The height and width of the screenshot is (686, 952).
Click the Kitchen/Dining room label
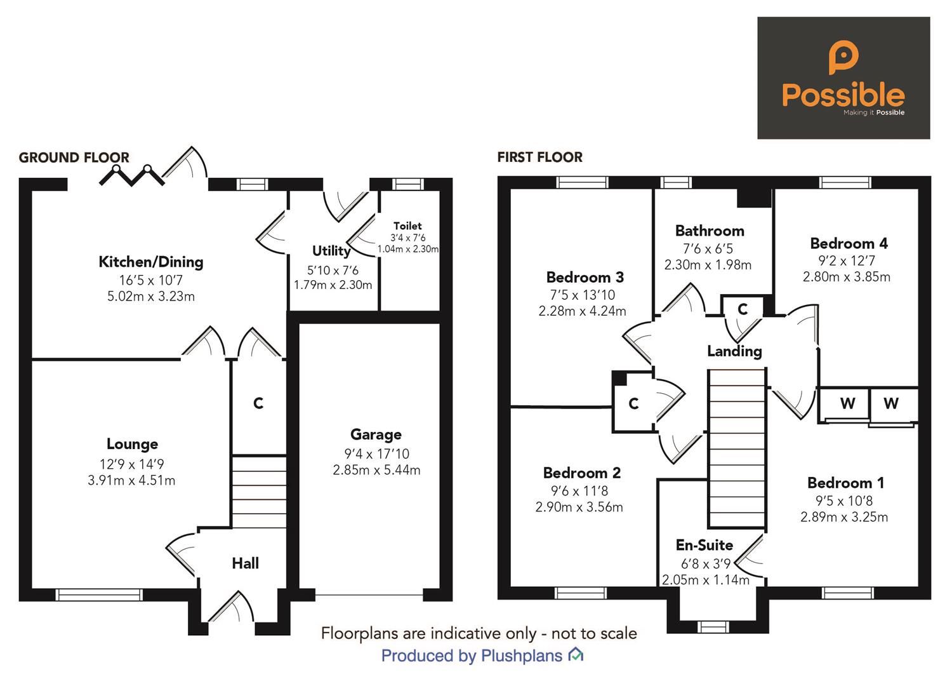151,262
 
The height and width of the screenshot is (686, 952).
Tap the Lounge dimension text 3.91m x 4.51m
131,481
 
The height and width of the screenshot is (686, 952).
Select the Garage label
376,435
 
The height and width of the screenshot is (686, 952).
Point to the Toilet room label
407,226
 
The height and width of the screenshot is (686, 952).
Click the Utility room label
331,251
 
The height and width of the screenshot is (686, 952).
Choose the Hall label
245,563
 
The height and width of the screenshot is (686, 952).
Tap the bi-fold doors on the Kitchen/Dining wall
132,175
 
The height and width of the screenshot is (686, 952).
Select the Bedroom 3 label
585,278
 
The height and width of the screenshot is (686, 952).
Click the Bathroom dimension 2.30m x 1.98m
708,265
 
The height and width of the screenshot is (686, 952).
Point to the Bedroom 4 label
849,244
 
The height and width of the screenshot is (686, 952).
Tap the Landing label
734,351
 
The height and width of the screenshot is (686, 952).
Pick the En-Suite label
704,545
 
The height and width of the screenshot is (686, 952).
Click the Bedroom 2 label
581,473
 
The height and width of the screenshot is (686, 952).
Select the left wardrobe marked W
847,404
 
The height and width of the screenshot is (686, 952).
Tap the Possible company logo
843,78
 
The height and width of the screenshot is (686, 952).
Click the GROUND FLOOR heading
74,158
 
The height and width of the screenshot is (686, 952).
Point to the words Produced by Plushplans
472,656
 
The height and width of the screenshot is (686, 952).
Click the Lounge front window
99,595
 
